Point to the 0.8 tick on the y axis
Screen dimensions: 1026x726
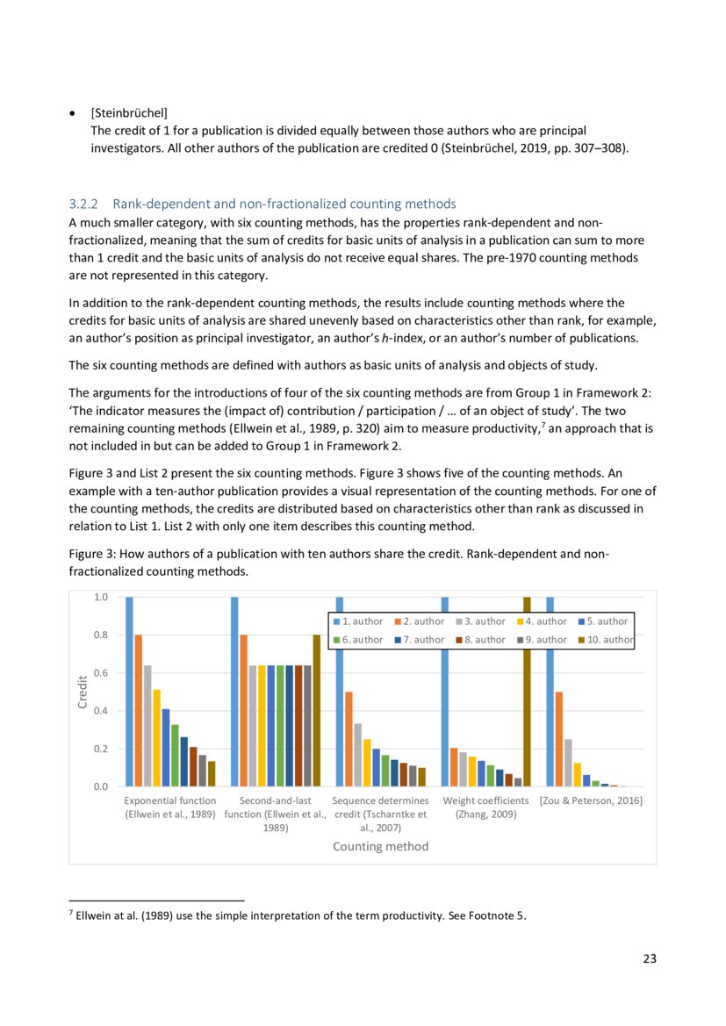point(100,635)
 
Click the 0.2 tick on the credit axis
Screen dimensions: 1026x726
point(100,749)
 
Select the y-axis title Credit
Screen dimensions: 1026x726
point(82,692)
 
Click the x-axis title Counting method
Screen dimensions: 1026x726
point(380,846)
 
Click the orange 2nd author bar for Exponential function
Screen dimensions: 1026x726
point(139,710)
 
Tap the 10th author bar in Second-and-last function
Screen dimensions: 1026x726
point(317,710)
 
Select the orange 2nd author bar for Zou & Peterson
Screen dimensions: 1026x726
point(559,739)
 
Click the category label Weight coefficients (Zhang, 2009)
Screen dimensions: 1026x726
point(485,807)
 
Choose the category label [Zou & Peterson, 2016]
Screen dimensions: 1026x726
point(591,800)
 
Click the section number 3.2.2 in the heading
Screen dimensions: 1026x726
point(83,204)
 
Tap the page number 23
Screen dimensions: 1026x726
point(650,958)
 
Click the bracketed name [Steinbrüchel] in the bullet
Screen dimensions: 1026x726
point(129,112)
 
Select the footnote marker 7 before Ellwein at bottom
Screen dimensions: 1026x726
point(70,914)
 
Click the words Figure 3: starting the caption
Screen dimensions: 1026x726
point(91,554)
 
